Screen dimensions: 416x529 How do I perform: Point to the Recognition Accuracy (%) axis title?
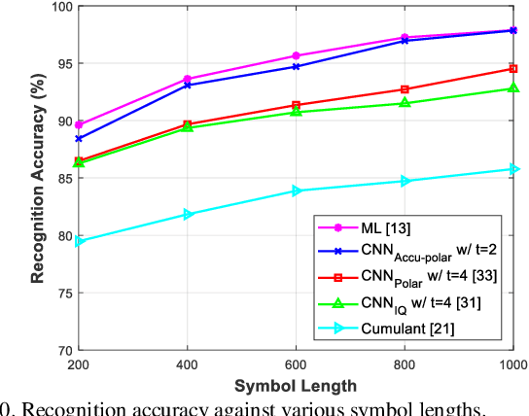pos(37,180)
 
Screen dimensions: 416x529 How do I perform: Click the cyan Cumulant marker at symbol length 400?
pos(188,214)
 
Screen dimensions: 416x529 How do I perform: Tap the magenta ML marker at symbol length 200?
pos(79,125)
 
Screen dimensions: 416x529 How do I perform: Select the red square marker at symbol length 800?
pos(405,89)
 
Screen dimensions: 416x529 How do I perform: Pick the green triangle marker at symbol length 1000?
pos(513,88)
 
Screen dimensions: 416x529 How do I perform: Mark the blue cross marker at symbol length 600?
pos(297,66)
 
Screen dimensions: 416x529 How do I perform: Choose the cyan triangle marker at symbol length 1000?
pos(513,169)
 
